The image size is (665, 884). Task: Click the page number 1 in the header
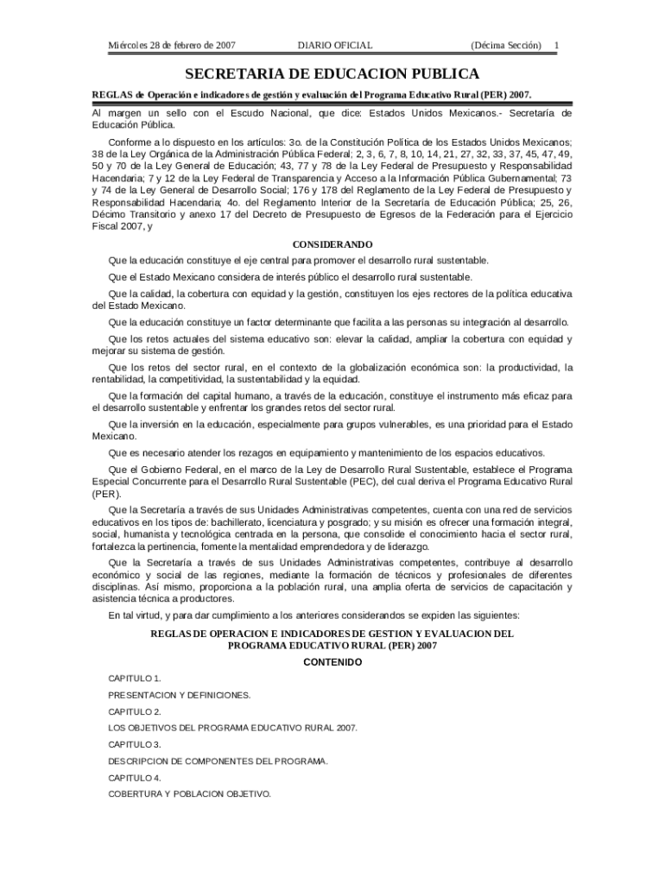[x=556, y=44]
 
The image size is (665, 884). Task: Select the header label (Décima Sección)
[x=506, y=44]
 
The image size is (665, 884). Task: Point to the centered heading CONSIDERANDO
[x=332, y=244]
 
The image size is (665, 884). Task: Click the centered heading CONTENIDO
[x=332, y=662]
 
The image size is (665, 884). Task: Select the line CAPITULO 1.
[x=134, y=679]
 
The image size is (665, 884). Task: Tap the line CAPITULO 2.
[x=134, y=711]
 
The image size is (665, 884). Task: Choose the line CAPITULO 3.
[x=134, y=744]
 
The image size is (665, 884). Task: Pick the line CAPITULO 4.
[x=134, y=778]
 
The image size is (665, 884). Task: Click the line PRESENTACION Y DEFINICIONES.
[x=179, y=695]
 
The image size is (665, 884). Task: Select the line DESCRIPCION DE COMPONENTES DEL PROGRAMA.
[x=218, y=761]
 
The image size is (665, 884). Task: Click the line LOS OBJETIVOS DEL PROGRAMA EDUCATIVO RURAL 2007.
[x=232, y=728]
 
